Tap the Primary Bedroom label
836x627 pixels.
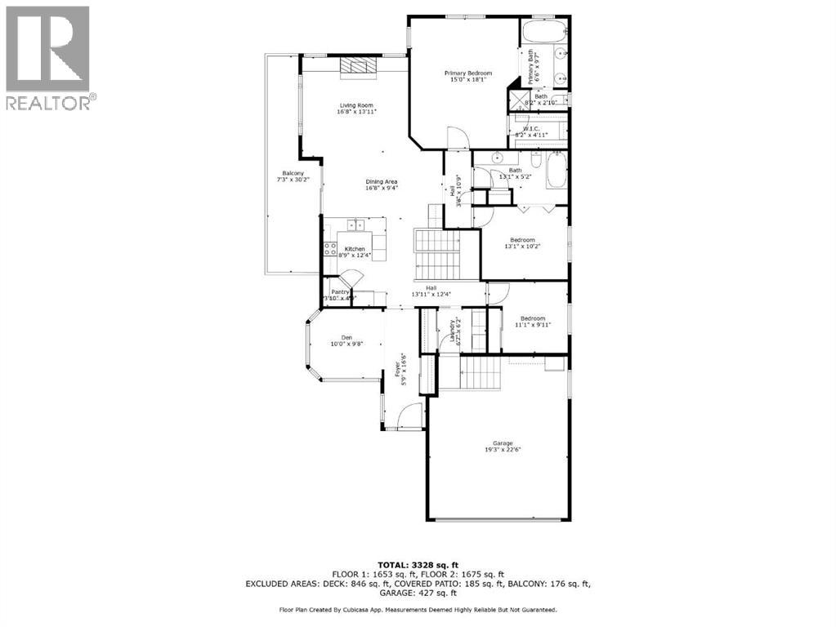tap(467, 73)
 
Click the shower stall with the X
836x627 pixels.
tap(518, 101)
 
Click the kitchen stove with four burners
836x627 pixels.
tap(331, 249)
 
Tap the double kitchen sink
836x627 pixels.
tap(358, 224)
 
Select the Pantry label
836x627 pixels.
tap(340, 291)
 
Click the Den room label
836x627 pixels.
tap(346, 338)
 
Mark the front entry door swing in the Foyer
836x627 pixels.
tap(409, 416)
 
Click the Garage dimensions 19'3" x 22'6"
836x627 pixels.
tap(498, 450)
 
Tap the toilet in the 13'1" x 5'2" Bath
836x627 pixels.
tap(534, 156)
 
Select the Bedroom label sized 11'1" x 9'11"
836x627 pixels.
tap(533, 318)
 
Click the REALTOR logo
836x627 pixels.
tap(48, 57)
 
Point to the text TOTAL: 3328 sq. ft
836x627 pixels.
tap(418, 564)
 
